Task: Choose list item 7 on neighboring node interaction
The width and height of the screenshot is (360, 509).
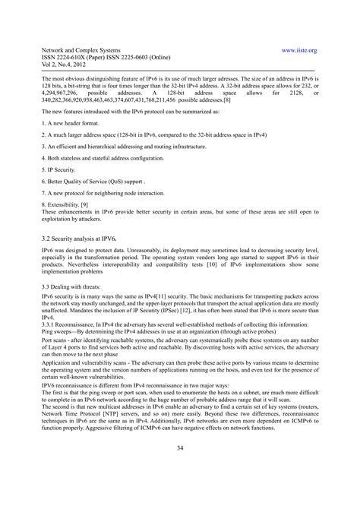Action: pos(106,193)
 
